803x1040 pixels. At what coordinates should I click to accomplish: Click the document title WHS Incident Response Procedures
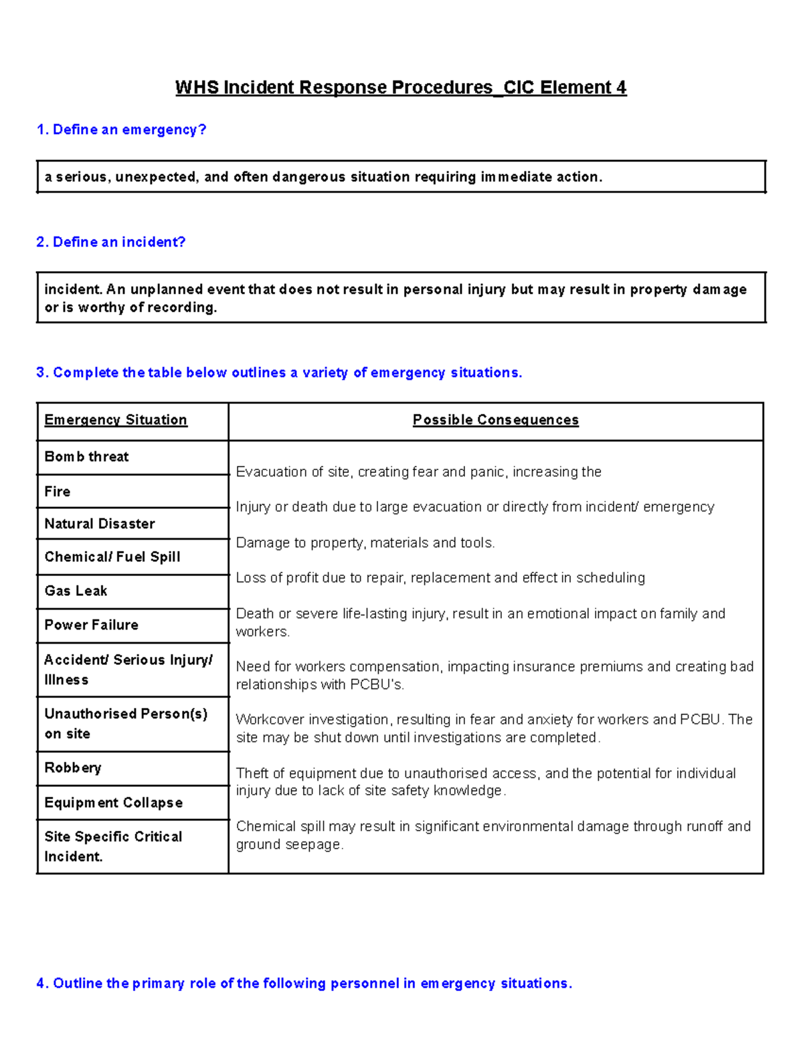click(x=401, y=88)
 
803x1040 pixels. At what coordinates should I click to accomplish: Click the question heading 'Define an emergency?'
click(x=121, y=129)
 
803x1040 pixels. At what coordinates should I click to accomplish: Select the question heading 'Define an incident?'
click(x=111, y=242)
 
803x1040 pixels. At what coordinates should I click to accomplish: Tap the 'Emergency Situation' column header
click(x=116, y=420)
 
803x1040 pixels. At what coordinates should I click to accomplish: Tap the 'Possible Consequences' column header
click(x=495, y=420)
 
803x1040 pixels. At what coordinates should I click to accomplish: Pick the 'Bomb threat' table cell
click(x=87, y=457)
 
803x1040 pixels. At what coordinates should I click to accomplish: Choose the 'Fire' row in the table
click(x=58, y=492)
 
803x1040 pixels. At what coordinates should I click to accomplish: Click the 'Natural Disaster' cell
click(x=100, y=524)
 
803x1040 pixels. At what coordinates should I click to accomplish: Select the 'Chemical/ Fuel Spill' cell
click(x=112, y=556)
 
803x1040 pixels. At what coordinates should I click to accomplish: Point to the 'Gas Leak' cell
click(x=76, y=591)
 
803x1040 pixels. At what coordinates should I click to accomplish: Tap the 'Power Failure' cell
click(x=92, y=625)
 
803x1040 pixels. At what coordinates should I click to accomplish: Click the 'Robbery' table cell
click(x=73, y=767)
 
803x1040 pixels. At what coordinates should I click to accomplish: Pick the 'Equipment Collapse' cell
click(x=114, y=802)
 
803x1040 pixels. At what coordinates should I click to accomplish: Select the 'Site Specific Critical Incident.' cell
click(x=113, y=846)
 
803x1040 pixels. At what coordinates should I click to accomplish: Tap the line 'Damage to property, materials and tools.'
click(x=365, y=543)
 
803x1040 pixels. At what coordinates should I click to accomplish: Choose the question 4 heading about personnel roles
click(x=304, y=983)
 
